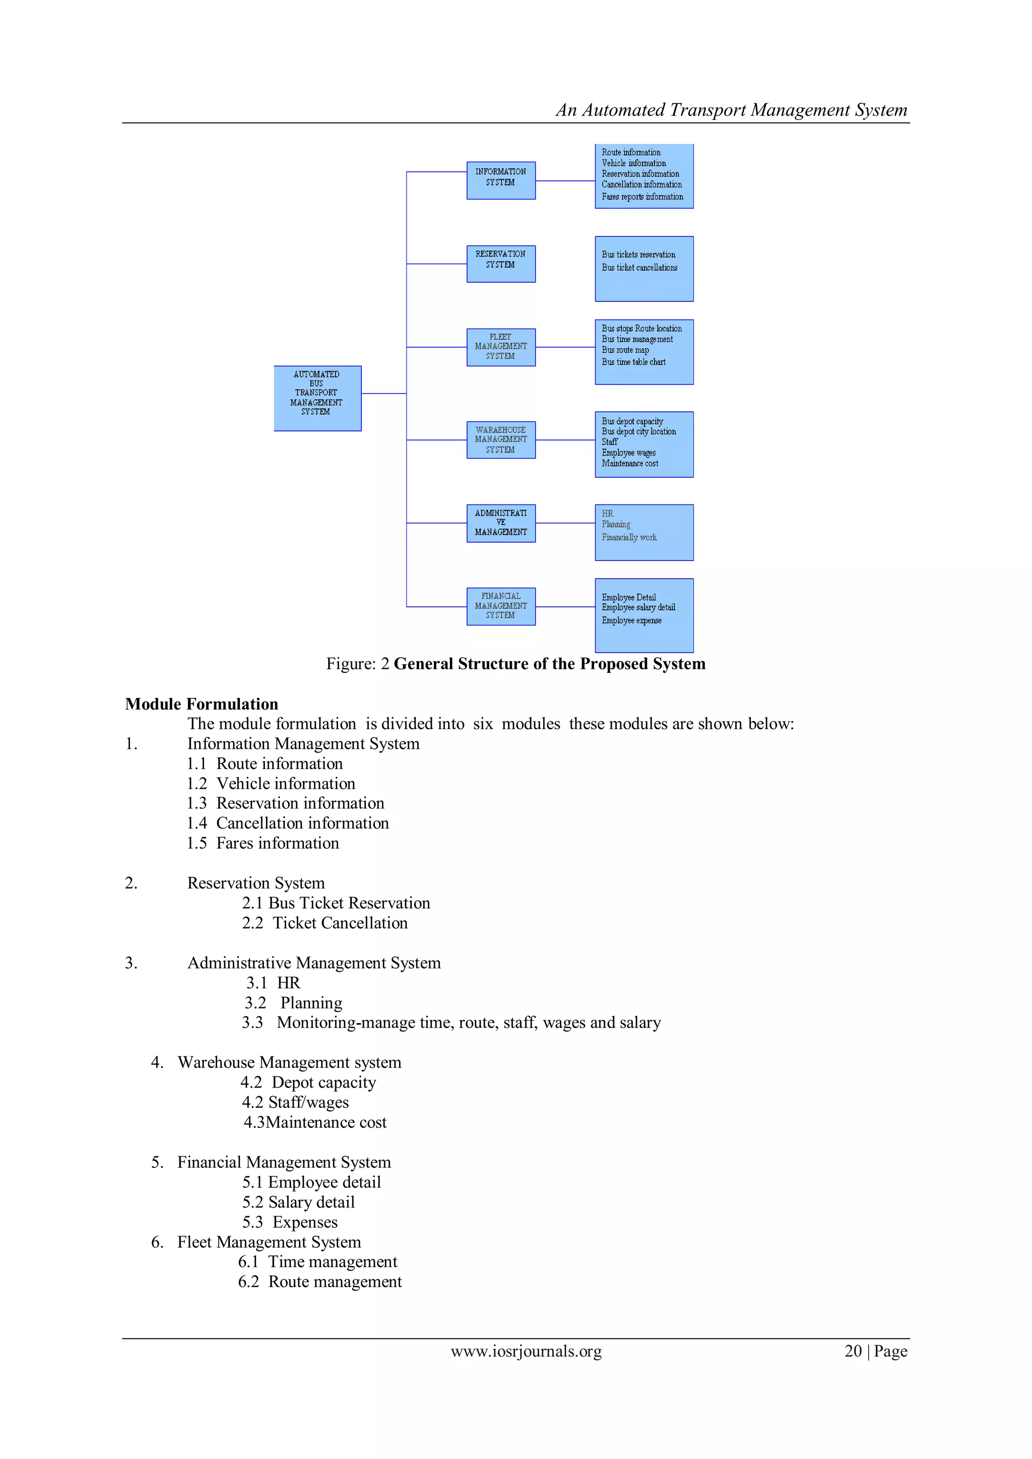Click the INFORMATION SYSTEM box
coord(501,180)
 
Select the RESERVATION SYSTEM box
coord(501,263)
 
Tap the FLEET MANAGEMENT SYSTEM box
coord(501,347)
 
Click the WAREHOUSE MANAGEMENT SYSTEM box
coord(501,440)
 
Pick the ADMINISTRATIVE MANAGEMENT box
coord(501,523)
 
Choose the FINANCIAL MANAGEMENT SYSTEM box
coord(501,606)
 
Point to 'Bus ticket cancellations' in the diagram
coord(639,268)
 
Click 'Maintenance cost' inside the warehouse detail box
coord(630,464)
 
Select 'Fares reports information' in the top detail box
coord(642,197)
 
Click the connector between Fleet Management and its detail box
coord(565,347)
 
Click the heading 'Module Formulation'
coord(202,704)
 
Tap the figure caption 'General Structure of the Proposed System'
coord(549,664)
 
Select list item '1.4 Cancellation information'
coord(288,823)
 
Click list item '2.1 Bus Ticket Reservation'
coord(336,903)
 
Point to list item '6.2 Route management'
coord(319,1282)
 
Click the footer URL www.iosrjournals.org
coord(526,1352)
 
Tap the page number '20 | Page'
coord(875,1352)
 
